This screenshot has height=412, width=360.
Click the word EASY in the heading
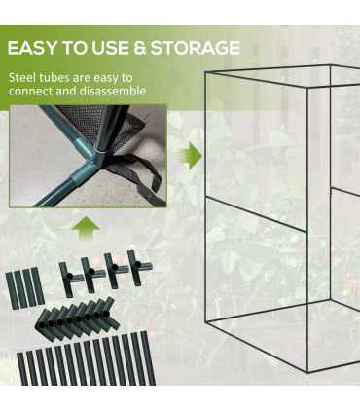31,48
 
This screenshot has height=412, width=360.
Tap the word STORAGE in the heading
195,48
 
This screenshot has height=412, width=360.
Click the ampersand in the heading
139,48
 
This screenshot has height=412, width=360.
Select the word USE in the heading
110,48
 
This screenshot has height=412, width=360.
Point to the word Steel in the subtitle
22,78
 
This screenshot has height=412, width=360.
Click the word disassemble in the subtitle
112,91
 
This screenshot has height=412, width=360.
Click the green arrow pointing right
192,156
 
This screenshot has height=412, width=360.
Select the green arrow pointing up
86,227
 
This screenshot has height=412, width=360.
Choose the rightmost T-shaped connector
138,268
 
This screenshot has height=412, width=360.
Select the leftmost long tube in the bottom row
22,369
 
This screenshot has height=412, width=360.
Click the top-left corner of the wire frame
205,72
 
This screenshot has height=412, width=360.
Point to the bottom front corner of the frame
307,373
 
